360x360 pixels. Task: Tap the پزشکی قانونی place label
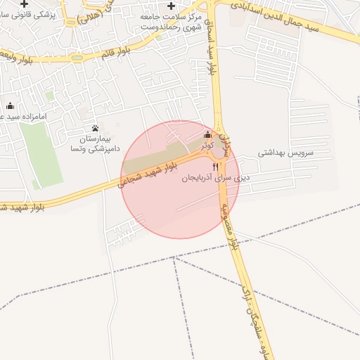[x=26, y=15]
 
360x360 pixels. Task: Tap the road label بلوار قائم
[x=114, y=51]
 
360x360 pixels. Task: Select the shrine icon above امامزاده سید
[x=9, y=106]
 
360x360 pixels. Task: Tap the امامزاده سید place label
[x=13, y=117]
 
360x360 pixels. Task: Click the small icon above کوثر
[x=207, y=135]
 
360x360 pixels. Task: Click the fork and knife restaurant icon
[x=215, y=166]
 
